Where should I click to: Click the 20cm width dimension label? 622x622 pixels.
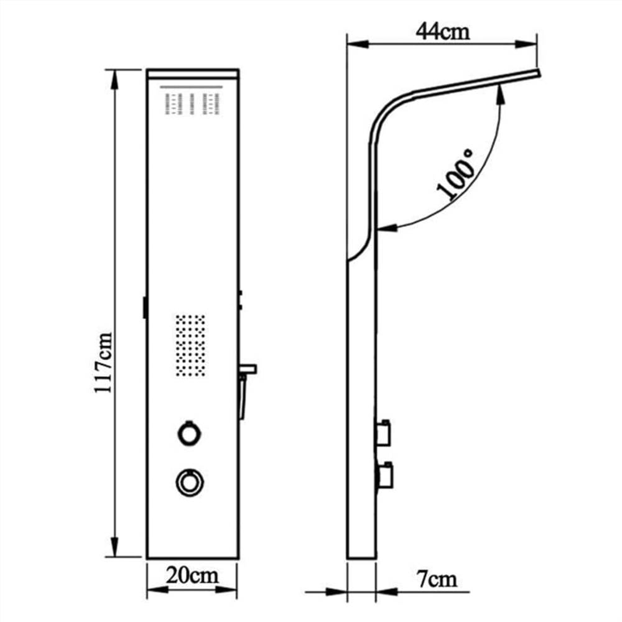[x=192, y=575]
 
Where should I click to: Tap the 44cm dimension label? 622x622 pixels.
[x=442, y=32]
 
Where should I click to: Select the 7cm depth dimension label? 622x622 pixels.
[x=436, y=580]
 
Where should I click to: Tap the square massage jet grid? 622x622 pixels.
[x=190, y=345]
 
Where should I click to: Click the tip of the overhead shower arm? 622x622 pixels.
[x=540, y=73]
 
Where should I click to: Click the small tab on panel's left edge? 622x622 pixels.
[x=144, y=308]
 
